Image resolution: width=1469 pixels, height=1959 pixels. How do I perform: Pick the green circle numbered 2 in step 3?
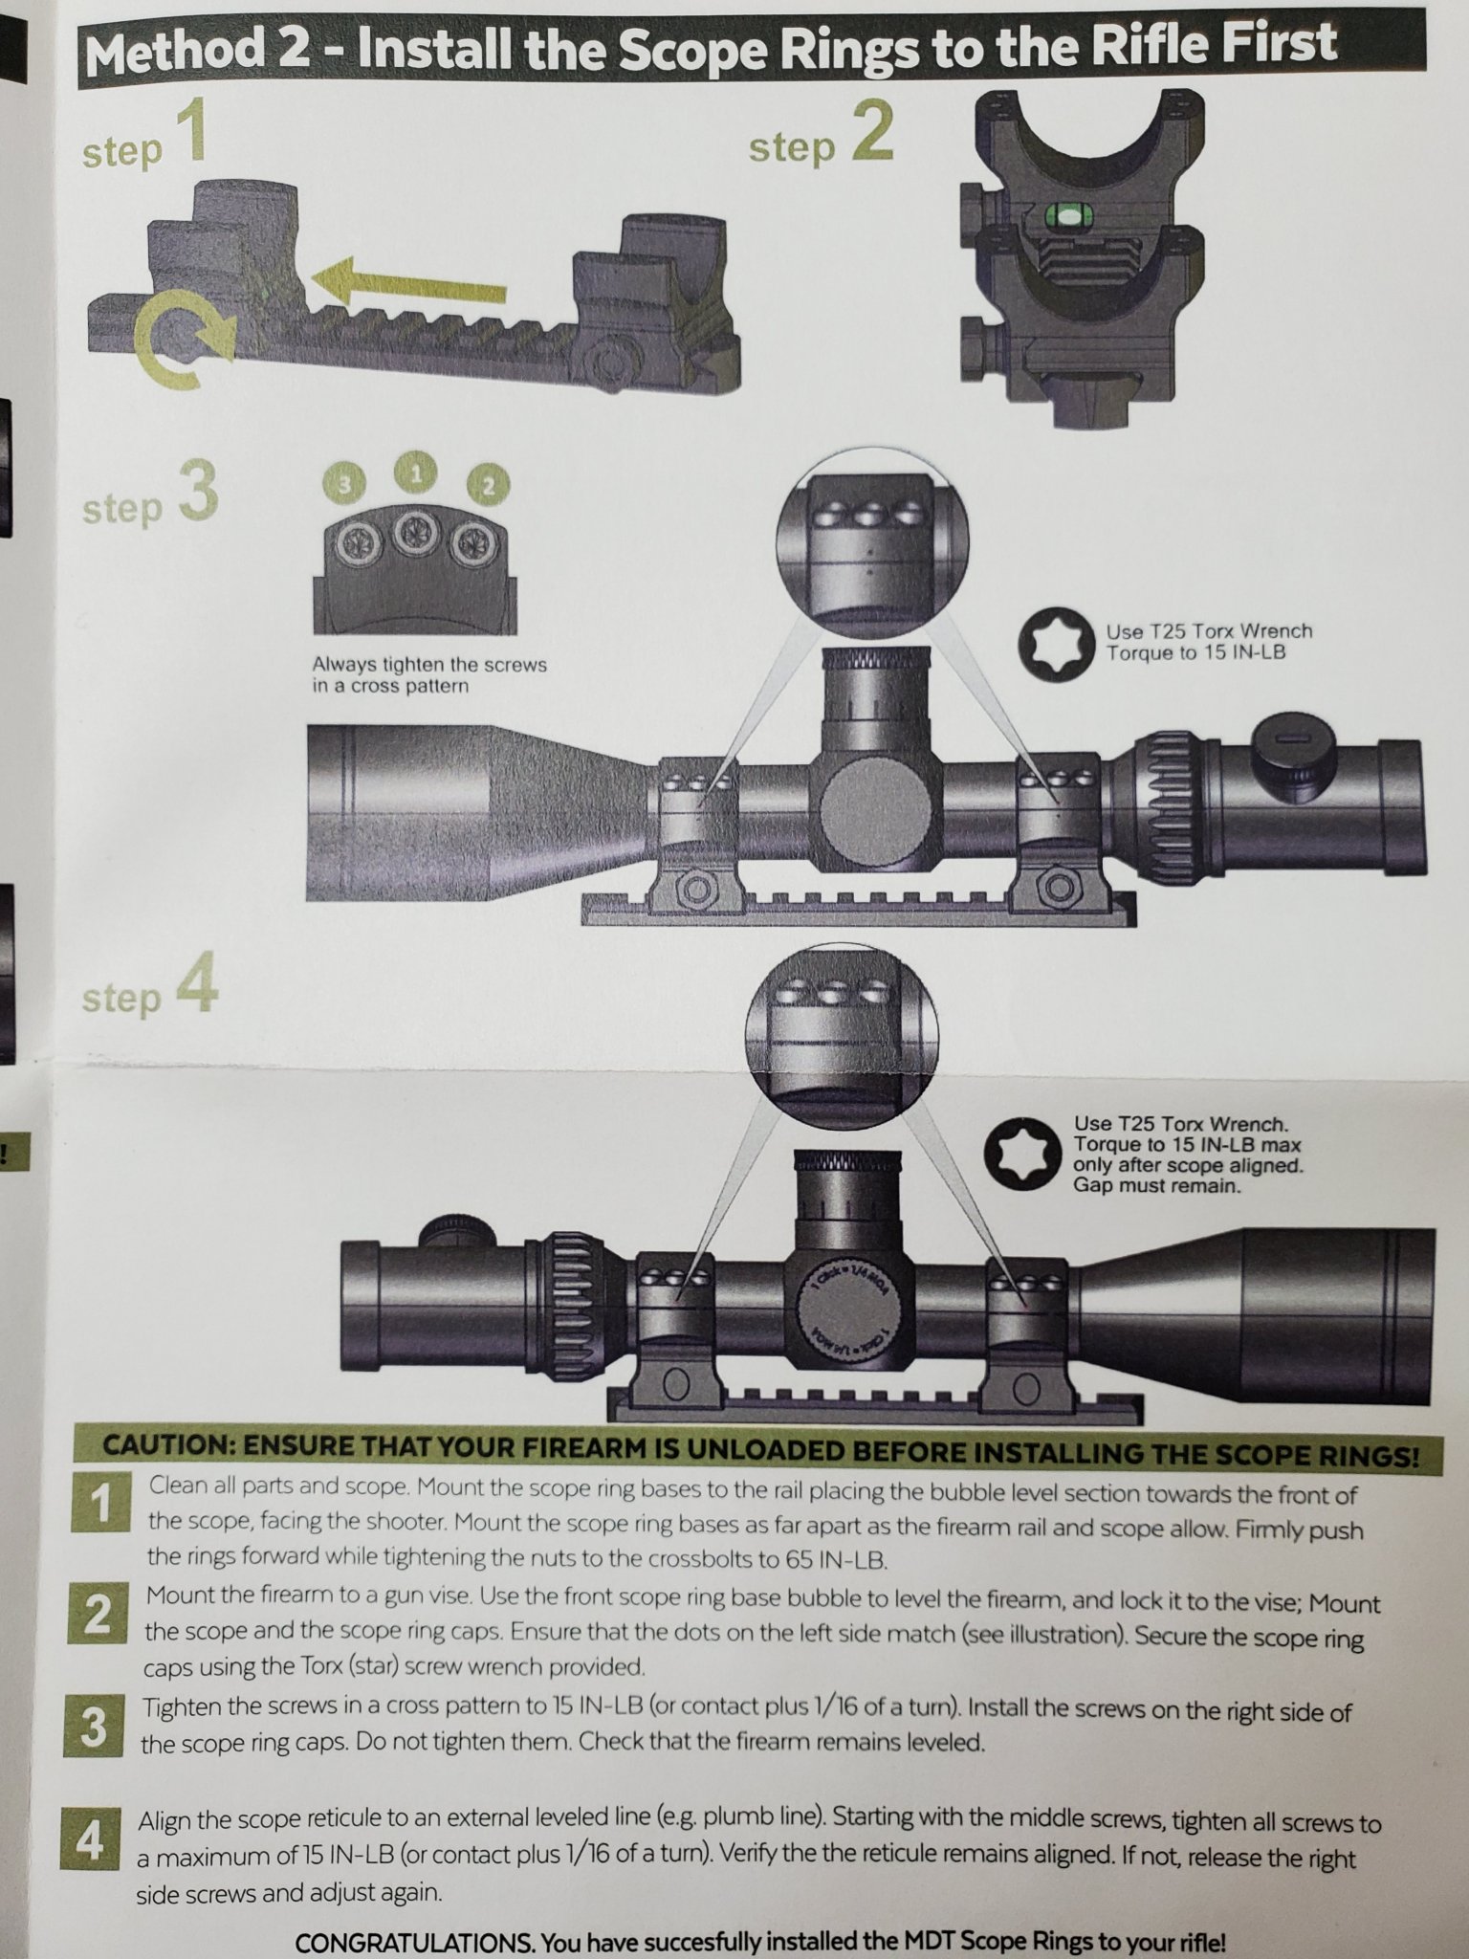489,485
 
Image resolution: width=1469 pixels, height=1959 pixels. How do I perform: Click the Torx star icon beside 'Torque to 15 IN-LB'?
1055,643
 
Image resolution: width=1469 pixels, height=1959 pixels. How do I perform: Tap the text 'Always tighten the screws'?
429,665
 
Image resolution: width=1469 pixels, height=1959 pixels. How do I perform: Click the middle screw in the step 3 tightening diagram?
415,528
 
